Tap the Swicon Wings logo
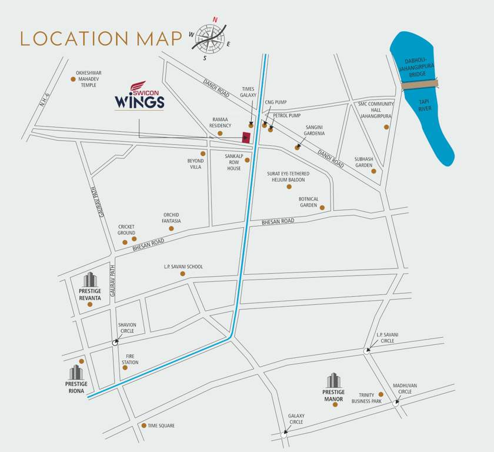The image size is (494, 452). tap(139, 97)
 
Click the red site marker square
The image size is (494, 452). tap(246, 138)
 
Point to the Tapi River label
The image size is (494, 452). tap(425, 105)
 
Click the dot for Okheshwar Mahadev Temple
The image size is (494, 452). tap(73, 78)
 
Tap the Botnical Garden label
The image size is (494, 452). tap(308, 202)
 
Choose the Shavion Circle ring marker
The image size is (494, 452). tap(115, 343)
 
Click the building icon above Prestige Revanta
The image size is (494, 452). tap(89, 280)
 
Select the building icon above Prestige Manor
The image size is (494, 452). tap(333, 381)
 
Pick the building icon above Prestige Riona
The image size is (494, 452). tap(76, 373)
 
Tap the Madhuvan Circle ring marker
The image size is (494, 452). tap(396, 404)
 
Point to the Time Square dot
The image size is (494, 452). tap(143, 426)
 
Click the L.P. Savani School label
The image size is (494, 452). tap(183, 267)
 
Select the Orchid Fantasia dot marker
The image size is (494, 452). tap(171, 228)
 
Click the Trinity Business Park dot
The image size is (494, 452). tap(380, 394)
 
